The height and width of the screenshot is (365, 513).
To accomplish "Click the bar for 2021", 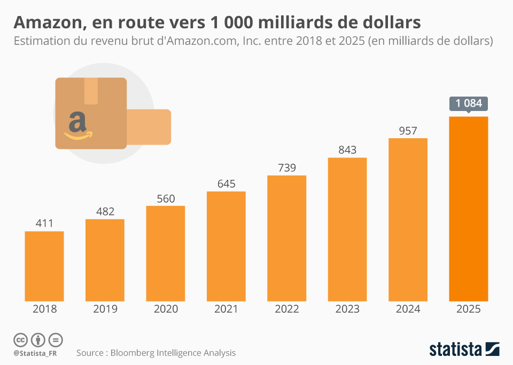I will pos(226,245).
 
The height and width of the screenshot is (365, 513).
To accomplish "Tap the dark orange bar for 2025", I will pos(468,208).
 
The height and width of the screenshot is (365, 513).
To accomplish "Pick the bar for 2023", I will pos(347,229).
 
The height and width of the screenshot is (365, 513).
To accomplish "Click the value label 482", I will pos(105,211).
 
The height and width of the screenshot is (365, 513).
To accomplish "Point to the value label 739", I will pos(287,167).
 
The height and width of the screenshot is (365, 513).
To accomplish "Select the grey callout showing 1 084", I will pos(469,104).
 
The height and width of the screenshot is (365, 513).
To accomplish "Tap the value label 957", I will pos(408,130).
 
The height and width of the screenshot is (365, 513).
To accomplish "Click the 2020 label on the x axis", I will pos(166,309).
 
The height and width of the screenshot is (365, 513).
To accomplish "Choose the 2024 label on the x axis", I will pos(408,309).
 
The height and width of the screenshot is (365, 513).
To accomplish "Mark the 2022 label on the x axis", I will pos(287,309).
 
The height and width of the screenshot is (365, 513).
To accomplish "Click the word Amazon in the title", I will pos(47,23).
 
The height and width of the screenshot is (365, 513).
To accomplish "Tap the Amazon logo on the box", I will pos(78,125).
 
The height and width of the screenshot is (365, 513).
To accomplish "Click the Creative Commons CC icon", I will pos(20,340).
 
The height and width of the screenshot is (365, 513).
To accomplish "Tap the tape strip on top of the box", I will pos(91,90).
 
